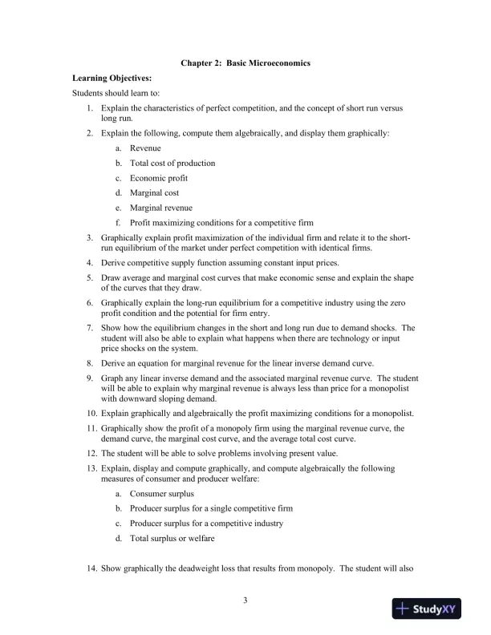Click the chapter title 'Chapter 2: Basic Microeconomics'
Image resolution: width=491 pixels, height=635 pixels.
click(x=245, y=63)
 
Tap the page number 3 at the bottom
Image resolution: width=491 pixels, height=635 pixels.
click(x=245, y=599)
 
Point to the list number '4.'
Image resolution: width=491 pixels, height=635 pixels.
click(x=90, y=262)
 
